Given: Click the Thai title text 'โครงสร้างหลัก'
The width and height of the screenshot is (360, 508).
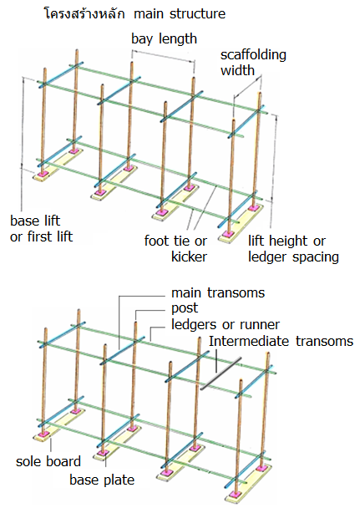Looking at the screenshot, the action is (x=84, y=13).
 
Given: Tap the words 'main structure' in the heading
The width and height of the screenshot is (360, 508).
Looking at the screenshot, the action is (x=180, y=14).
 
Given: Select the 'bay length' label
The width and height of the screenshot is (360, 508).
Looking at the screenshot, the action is (x=165, y=39).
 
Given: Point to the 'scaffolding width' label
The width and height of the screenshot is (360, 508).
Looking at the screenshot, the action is (x=253, y=63).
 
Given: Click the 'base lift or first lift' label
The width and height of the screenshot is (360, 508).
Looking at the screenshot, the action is (x=42, y=229).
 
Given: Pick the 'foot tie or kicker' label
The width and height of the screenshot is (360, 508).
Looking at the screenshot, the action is (x=175, y=249).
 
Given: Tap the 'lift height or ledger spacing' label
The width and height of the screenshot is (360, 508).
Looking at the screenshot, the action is (x=293, y=249).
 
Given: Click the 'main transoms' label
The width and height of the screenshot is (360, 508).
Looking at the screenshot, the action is (x=218, y=293).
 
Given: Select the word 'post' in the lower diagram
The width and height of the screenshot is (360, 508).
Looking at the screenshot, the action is (x=185, y=308).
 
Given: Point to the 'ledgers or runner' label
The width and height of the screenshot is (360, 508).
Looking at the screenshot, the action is (x=226, y=324).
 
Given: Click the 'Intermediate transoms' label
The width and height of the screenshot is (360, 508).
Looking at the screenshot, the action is (x=281, y=341).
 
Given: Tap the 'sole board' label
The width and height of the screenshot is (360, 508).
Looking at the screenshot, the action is (x=48, y=461).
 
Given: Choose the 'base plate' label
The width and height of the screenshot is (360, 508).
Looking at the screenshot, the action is (x=102, y=480).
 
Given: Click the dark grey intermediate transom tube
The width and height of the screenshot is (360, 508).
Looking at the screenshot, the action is (x=221, y=373).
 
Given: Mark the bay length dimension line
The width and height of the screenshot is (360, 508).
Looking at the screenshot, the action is (x=163, y=55).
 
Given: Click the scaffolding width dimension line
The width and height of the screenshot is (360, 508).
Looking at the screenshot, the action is (x=247, y=86).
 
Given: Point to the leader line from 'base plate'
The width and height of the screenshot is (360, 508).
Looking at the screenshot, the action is (x=106, y=461).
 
